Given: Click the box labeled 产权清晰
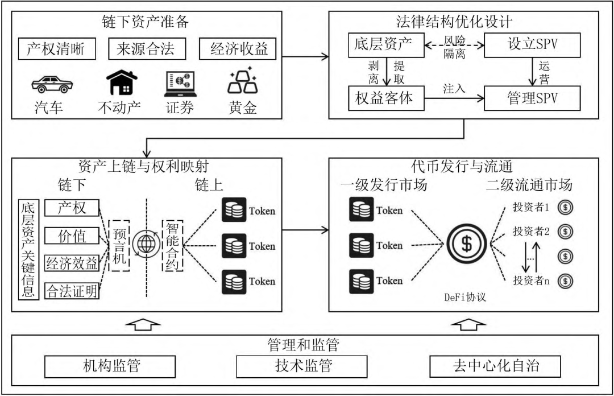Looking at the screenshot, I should point(56,49).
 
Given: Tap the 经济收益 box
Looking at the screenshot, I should point(238,49).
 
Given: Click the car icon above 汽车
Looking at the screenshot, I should point(52,84).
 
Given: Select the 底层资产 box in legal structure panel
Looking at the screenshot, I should point(386,44).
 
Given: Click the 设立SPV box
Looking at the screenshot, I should point(532,44).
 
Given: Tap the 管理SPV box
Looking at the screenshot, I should point(532,98).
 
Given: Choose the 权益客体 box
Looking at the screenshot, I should point(386,98).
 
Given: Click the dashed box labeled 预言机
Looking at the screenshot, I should point(121,244).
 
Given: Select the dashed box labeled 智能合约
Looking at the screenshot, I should point(173,245).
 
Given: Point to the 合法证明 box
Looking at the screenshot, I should point(72,291).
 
